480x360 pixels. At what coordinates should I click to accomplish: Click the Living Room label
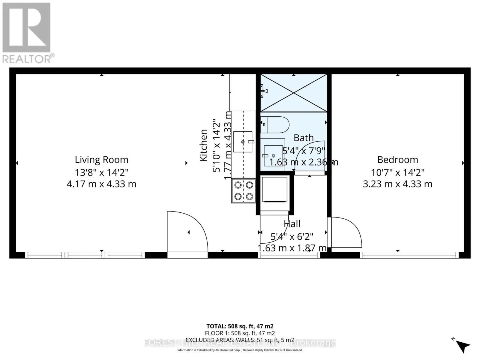click(101, 160)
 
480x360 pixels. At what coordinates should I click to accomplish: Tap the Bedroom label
click(397, 160)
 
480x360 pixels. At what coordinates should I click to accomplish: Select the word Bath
click(304, 138)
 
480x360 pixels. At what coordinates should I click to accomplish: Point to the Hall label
click(292, 224)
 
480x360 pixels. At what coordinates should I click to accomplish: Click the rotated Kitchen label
click(204, 145)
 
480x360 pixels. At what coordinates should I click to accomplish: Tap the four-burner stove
click(243, 191)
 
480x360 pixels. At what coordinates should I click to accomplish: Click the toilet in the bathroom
click(275, 125)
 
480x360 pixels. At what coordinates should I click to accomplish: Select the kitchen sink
click(243, 142)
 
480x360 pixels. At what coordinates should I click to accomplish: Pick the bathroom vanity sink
click(273, 156)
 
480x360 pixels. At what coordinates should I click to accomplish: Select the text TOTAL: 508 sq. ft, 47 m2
click(240, 326)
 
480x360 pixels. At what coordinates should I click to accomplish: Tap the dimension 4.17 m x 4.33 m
click(101, 184)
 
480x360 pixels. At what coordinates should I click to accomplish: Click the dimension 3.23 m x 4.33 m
click(397, 184)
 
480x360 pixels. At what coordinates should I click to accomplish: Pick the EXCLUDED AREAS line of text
click(240, 340)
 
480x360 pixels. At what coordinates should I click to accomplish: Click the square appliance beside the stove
click(274, 190)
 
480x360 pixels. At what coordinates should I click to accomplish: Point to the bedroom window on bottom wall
click(409, 255)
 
